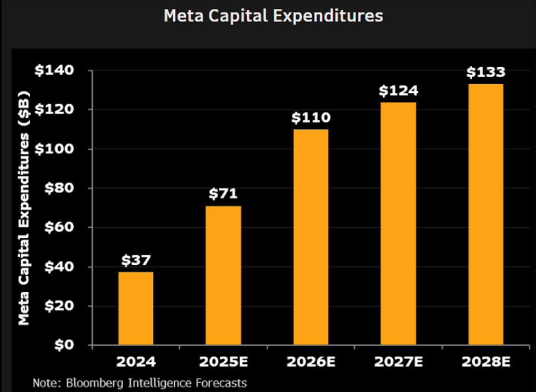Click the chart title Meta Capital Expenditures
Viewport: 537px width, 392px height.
click(273, 16)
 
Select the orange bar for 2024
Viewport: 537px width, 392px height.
click(136, 308)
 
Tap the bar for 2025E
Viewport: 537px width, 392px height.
click(223, 275)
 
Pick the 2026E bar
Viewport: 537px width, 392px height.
click(311, 237)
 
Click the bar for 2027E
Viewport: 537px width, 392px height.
click(398, 224)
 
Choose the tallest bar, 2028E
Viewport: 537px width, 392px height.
click(486, 214)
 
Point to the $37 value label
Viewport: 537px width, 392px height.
click(136, 260)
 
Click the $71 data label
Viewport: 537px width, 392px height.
click(223, 193)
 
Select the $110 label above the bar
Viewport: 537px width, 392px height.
click(311, 118)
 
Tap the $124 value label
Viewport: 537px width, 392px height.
click(398, 90)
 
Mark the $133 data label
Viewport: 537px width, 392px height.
click(486, 72)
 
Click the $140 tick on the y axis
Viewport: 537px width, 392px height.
click(54, 70)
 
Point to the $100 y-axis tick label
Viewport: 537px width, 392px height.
click(54, 149)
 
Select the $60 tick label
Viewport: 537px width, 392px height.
click(59, 227)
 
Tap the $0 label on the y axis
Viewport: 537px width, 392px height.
click(64, 345)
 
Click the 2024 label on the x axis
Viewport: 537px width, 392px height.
click(136, 362)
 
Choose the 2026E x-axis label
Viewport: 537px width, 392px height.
click(311, 362)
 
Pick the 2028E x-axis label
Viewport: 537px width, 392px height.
click(486, 362)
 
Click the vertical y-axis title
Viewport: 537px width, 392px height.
click(24, 208)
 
